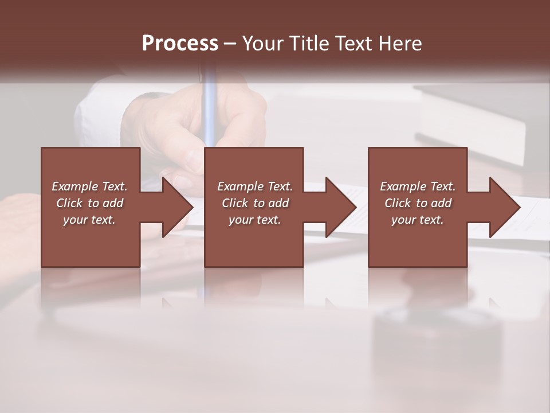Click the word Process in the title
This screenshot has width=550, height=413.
coord(180,44)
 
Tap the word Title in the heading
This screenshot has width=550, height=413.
coord(307,44)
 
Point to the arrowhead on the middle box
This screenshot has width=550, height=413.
coord(340,207)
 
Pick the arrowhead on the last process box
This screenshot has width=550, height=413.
coord(504,207)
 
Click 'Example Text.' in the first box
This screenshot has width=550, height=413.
coord(89,186)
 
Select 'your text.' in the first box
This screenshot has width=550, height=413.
coord(89,220)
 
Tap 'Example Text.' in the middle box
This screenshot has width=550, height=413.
coord(255,186)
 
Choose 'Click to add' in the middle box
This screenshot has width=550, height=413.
coord(255,203)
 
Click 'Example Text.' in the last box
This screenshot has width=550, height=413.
coord(418,186)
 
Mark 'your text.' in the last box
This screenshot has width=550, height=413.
coord(418,220)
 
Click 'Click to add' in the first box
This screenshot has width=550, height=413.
coord(89,203)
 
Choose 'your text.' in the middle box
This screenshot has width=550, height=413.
coord(255,220)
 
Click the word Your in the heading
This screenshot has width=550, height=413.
coord(263,44)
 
